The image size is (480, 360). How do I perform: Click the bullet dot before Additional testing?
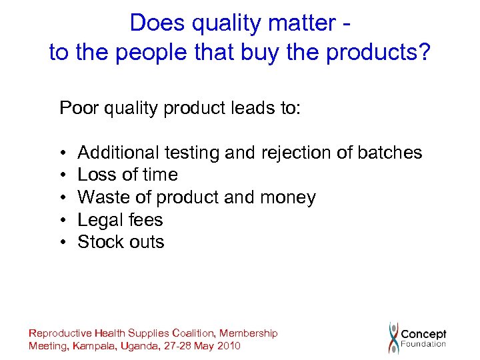coord(63,153)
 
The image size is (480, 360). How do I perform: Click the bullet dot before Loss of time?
coord(63,175)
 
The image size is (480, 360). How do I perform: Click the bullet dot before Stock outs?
coord(63,242)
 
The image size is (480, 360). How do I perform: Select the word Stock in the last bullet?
coord(100,242)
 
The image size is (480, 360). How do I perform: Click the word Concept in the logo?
coord(424,334)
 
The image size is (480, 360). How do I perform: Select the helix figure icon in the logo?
coord(394,337)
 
